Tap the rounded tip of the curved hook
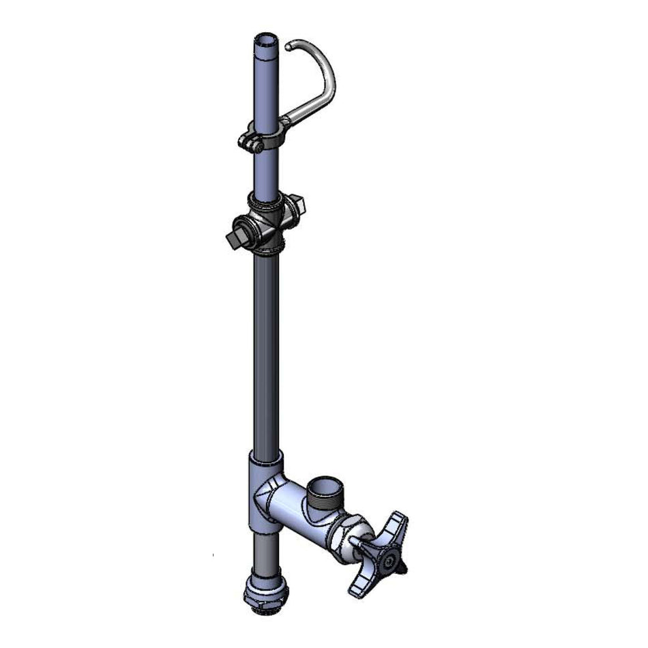(x=290, y=46)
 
